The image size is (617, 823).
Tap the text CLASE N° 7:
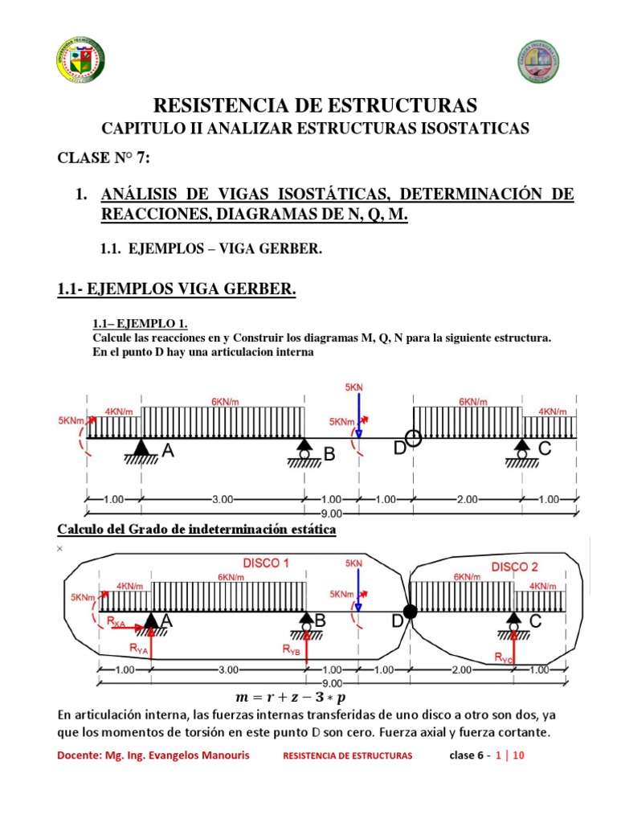coord(104,158)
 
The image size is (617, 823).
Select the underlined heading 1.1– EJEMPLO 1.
coord(141,324)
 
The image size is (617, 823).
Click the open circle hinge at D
coord(413,437)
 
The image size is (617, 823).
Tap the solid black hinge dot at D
coord(410,612)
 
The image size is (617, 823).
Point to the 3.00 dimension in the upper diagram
coord(223,499)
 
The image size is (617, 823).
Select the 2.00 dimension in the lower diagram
coord(467,669)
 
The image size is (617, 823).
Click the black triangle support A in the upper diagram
coord(142,448)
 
